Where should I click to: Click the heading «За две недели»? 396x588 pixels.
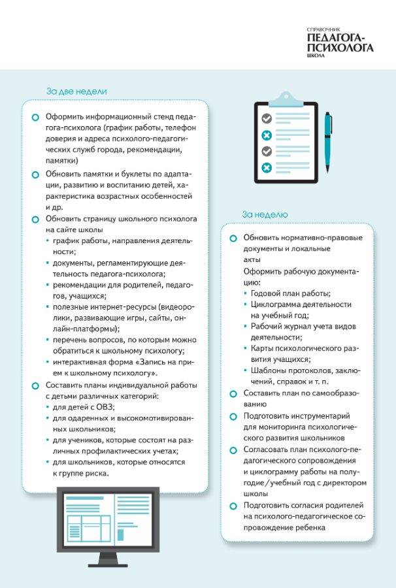coord(76,91)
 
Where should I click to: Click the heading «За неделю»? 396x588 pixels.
coord(264,214)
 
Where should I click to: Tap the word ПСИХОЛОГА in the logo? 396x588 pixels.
coord(340,47)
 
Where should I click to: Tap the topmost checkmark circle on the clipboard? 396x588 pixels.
coord(267,118)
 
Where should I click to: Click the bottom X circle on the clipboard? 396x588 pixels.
coord(267,168)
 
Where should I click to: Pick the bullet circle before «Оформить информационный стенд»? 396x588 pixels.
coord(35,117)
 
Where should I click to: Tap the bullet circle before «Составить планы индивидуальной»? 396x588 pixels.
coord(35,385)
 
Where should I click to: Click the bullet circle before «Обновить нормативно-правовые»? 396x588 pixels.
coord(233,238)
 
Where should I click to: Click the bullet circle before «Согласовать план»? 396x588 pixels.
coord(233,450)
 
